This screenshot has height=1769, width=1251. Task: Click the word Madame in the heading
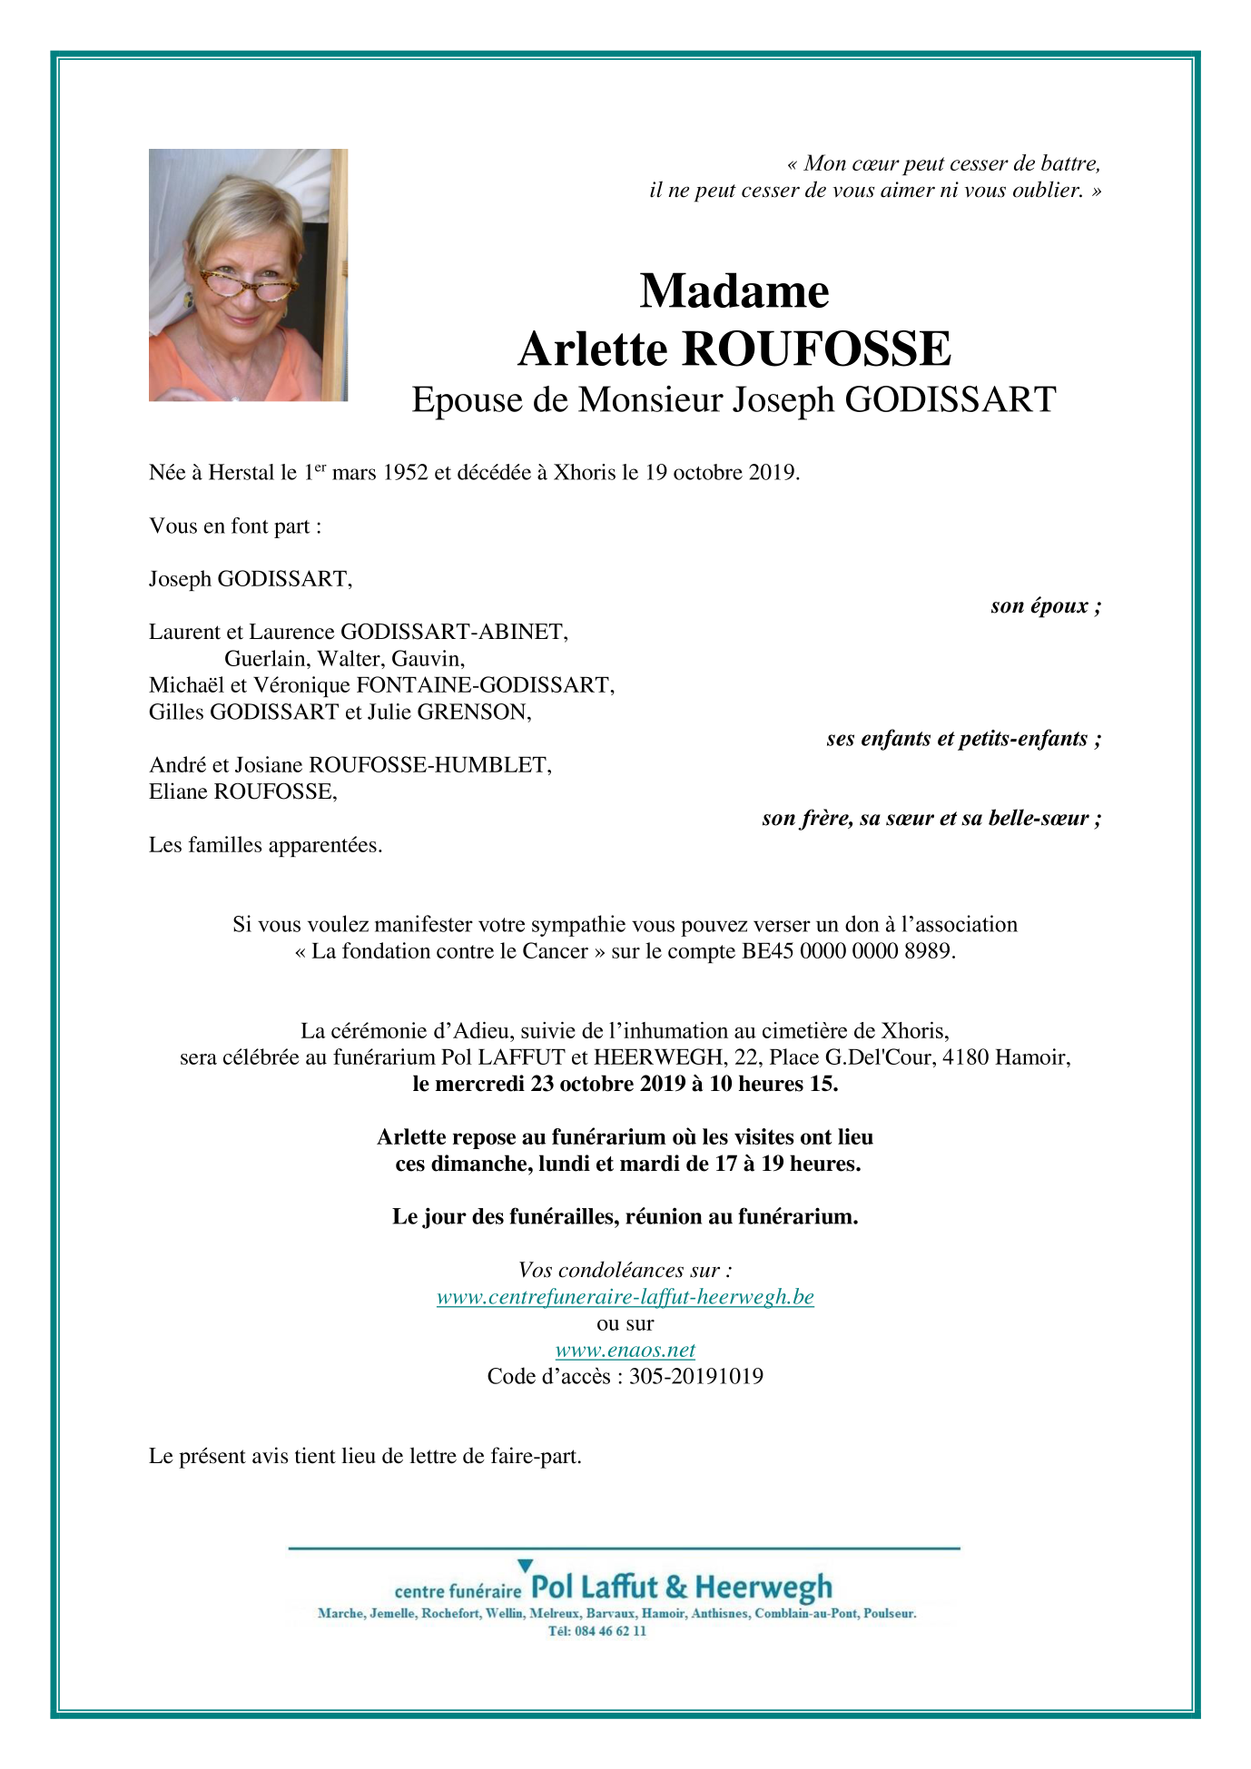coord(734,291)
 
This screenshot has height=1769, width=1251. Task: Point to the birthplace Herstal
coord(241,473)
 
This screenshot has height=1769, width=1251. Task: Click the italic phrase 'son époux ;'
coord(1046,605)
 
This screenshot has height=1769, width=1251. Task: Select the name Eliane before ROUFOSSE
coord(178,792)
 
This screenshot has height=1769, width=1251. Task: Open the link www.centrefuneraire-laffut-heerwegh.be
coord(625,1297)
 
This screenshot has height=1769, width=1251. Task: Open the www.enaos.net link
coord(625,1351)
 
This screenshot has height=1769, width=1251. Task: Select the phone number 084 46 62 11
coord(610,1631)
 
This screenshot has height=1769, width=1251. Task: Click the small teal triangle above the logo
coord(525,1566)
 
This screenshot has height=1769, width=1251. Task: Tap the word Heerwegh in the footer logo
coord(763,1587)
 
